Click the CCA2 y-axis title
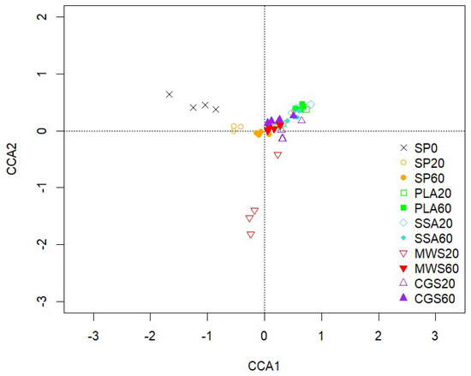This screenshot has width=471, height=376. tap(11, 159)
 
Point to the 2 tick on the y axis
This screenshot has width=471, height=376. tap(40, 17)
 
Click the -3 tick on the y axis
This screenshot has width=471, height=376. tap(40, 301)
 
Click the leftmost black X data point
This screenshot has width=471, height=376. tap(170, 94)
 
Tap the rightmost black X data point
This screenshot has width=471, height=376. tap(217, 110)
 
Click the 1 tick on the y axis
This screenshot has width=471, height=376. tap(40, 75)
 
